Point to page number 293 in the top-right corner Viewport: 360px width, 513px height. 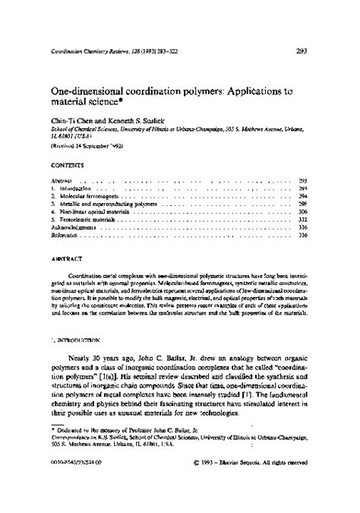click(x=299, y=52)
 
